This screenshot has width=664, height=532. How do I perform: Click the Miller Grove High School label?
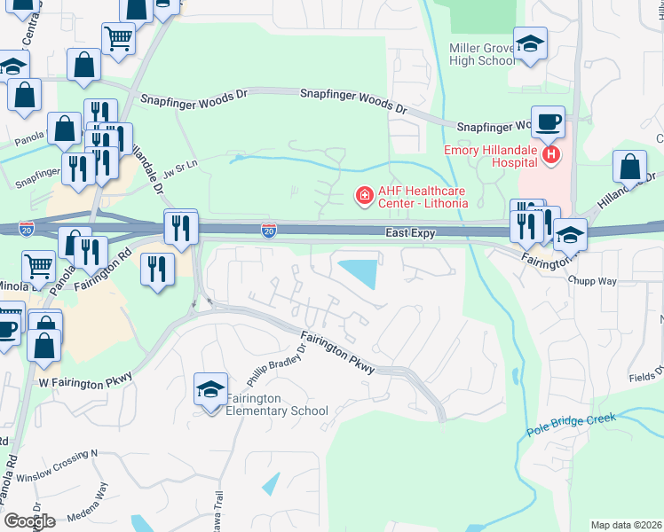[x=482, y=54]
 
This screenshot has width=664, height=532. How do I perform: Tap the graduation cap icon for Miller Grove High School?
[x=530, y=43]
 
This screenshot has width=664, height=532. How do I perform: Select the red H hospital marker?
[x=551, y=156]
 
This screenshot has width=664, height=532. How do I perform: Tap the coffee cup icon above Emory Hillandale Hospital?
[x=548, y=122]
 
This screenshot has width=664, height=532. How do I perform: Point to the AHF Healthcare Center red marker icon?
[x=363, y=195]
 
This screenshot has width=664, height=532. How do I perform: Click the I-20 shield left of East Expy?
[x=268, y=231]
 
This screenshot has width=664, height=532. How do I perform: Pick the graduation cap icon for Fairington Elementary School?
[x=210, y=388]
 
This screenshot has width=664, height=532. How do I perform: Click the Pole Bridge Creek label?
[x=569, y=424]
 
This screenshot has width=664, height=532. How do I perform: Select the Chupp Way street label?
[x=592, y=280]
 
